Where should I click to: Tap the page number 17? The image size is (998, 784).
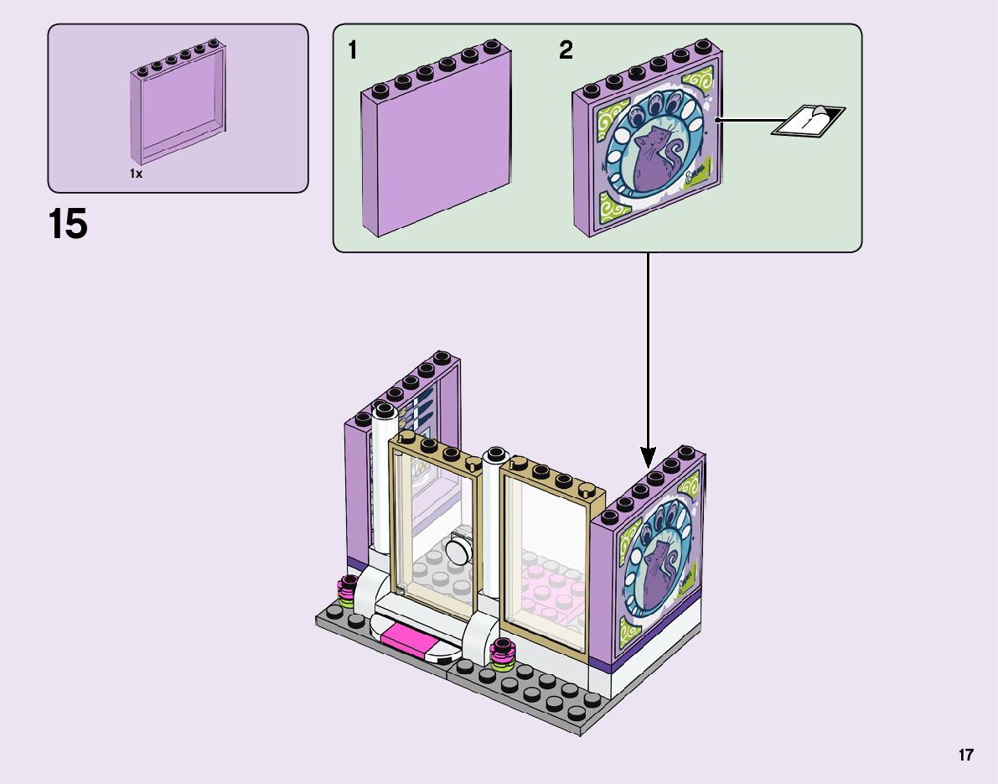pyautogui.click(x=966, y=755)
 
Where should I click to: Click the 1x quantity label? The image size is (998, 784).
pyautogui.click(x=136, y=174)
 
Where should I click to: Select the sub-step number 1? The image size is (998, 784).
pyautogui.click(x=353, y=51)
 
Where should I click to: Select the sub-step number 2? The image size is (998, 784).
pyautogui.click(x=566, y=51)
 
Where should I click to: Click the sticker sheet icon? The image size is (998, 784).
pyautogui.click(x=809, y=121)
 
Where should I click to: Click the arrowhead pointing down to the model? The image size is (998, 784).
pyautogui.click(x=648, y=457)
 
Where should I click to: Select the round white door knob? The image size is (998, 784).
pyautogui.click(x=458, y=551)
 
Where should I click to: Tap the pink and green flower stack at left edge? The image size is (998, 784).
pyautogui.click(x=347, y=592)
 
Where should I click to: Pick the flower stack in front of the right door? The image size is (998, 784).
pyautogui.click(x=503, y=655)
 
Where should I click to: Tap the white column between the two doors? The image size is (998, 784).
pyautogui.click(x=492, y=537)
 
